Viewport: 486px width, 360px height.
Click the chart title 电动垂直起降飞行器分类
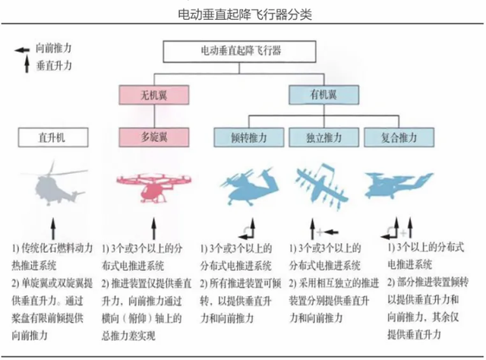245,14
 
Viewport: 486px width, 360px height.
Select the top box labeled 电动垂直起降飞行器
240,52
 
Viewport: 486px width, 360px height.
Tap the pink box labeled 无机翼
154,95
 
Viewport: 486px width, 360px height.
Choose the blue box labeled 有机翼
324,95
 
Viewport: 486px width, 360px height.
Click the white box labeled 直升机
53,137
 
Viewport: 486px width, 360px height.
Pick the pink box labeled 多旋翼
154,137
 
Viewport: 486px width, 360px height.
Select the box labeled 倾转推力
249,137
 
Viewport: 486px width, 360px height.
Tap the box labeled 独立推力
324,137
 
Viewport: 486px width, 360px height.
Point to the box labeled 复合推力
399,137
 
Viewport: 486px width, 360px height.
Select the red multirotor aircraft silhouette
154,187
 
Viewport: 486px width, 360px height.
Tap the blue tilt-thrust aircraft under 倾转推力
249,186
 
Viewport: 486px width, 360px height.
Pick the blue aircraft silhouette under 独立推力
322,185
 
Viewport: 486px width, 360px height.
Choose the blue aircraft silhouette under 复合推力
398,185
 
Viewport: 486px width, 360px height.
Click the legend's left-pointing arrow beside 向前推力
22,50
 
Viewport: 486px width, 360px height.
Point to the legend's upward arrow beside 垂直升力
27,64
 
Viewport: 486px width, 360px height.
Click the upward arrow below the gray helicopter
53,229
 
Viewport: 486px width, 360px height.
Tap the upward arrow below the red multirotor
154,229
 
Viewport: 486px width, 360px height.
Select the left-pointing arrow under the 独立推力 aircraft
331,232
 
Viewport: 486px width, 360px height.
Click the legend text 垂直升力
54,65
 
